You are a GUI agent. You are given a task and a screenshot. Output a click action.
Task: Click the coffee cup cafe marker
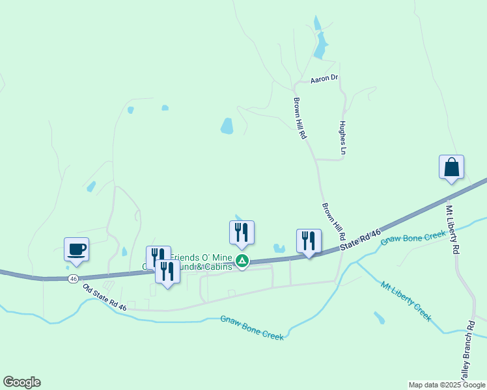76,250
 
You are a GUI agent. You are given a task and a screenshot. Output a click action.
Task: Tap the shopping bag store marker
451,168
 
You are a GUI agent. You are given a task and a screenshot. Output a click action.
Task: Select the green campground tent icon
242,261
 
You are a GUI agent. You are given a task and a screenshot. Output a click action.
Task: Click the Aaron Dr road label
324,79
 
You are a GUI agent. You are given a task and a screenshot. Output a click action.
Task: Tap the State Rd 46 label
360,241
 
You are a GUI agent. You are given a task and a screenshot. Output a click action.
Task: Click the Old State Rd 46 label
104,297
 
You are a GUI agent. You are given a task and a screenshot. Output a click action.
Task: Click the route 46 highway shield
73,278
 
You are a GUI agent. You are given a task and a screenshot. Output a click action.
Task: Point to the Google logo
21,382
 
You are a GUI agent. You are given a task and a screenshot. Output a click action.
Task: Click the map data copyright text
447,385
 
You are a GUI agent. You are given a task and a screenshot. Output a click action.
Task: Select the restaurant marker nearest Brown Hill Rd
309,241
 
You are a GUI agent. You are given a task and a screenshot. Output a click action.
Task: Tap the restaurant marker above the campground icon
242,233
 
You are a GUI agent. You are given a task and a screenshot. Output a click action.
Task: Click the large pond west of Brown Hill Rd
227,125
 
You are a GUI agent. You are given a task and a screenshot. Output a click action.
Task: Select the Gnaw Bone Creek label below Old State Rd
252,327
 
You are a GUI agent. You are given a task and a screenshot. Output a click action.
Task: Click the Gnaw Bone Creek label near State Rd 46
412,239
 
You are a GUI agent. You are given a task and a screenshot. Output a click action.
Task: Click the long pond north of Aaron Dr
320,45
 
